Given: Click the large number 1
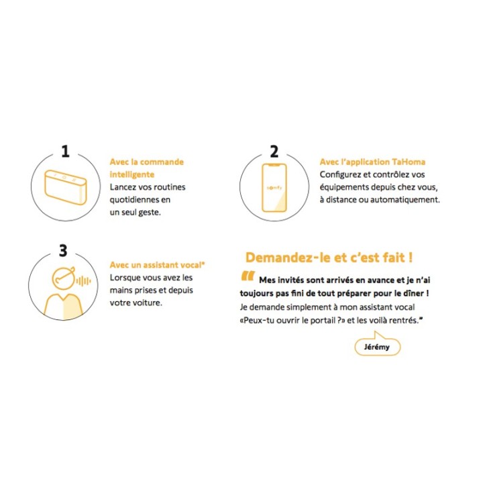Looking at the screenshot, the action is [x=65, y=151].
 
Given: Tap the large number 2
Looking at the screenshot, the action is [x=274, y=151].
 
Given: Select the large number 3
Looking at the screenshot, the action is [x=63, y=250].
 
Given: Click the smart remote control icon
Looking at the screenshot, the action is [x=65, y=187].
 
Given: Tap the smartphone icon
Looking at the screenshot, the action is [x=274, y=188].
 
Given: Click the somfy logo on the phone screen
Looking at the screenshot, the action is [x=274, y=188].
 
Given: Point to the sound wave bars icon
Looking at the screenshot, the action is [x=83, y=281].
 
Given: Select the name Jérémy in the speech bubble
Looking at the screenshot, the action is [x=377, y=347].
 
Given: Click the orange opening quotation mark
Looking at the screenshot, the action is [x=248, y=276].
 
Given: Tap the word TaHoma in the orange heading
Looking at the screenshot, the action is [x=409, y=162].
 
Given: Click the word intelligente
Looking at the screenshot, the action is [x=132, y=174].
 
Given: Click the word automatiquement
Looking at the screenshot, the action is [x=405, y=200].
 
